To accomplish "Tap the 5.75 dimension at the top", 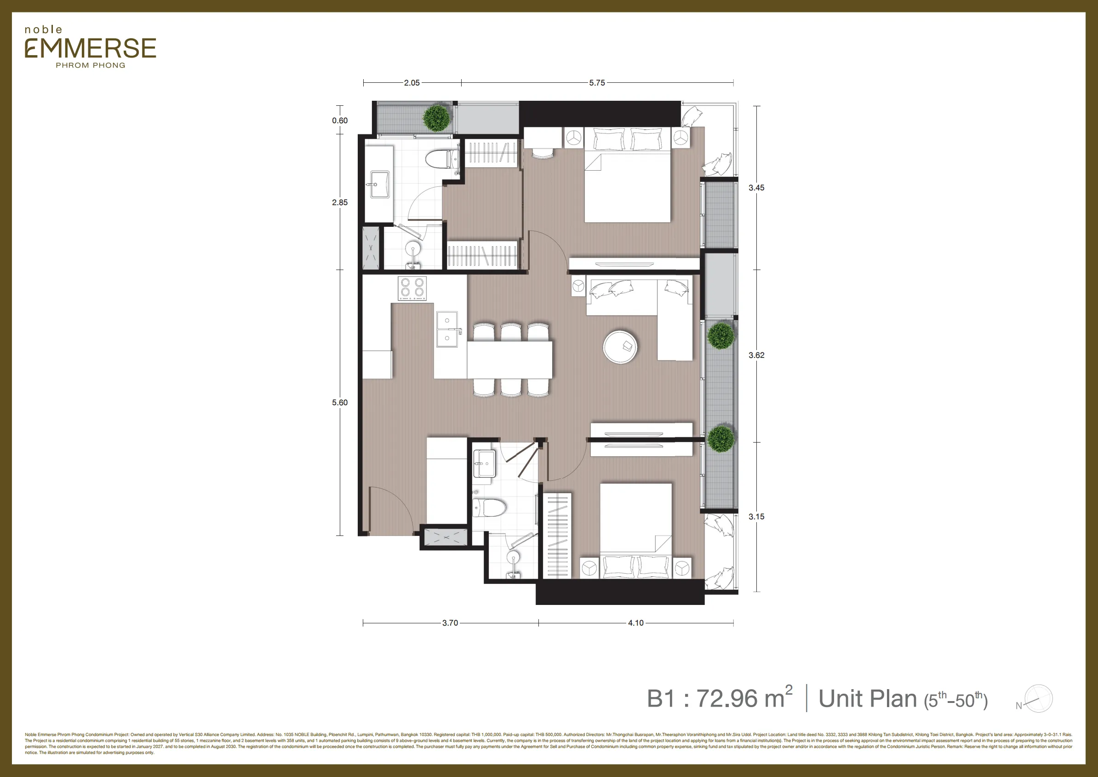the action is [597, 83].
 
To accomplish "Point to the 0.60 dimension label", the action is [340, 121].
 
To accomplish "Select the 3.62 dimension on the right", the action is [756, 355].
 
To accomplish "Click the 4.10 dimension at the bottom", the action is [635, 623].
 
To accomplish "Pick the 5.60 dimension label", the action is [340, 403].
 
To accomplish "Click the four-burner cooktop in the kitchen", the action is [412, 288].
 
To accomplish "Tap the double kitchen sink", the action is [446, 329].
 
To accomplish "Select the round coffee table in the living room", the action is [620, 346].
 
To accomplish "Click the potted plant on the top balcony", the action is [437, 118].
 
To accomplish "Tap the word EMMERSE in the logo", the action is [91, 48].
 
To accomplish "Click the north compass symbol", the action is [1038, 699].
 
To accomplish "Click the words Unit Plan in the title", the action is [868, 698].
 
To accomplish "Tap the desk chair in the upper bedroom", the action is [542, 152].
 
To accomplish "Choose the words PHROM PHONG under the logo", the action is [91, 65].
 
